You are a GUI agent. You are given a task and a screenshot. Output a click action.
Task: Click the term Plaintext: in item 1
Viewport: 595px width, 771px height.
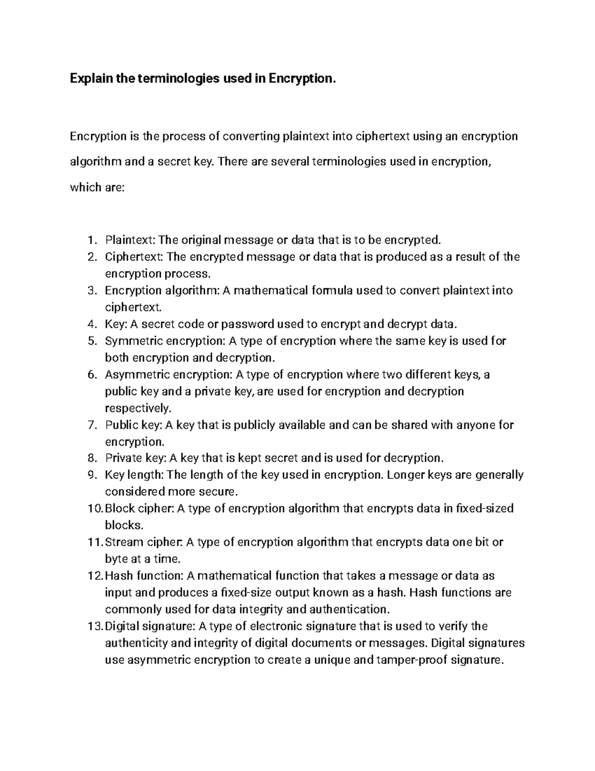(130, 241)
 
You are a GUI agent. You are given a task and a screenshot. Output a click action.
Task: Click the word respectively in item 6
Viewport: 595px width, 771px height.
(137, 409)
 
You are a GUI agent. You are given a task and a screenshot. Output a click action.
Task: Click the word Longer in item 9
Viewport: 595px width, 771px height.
(405, 476)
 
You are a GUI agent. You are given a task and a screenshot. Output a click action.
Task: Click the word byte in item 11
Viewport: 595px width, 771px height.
(116, 559)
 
